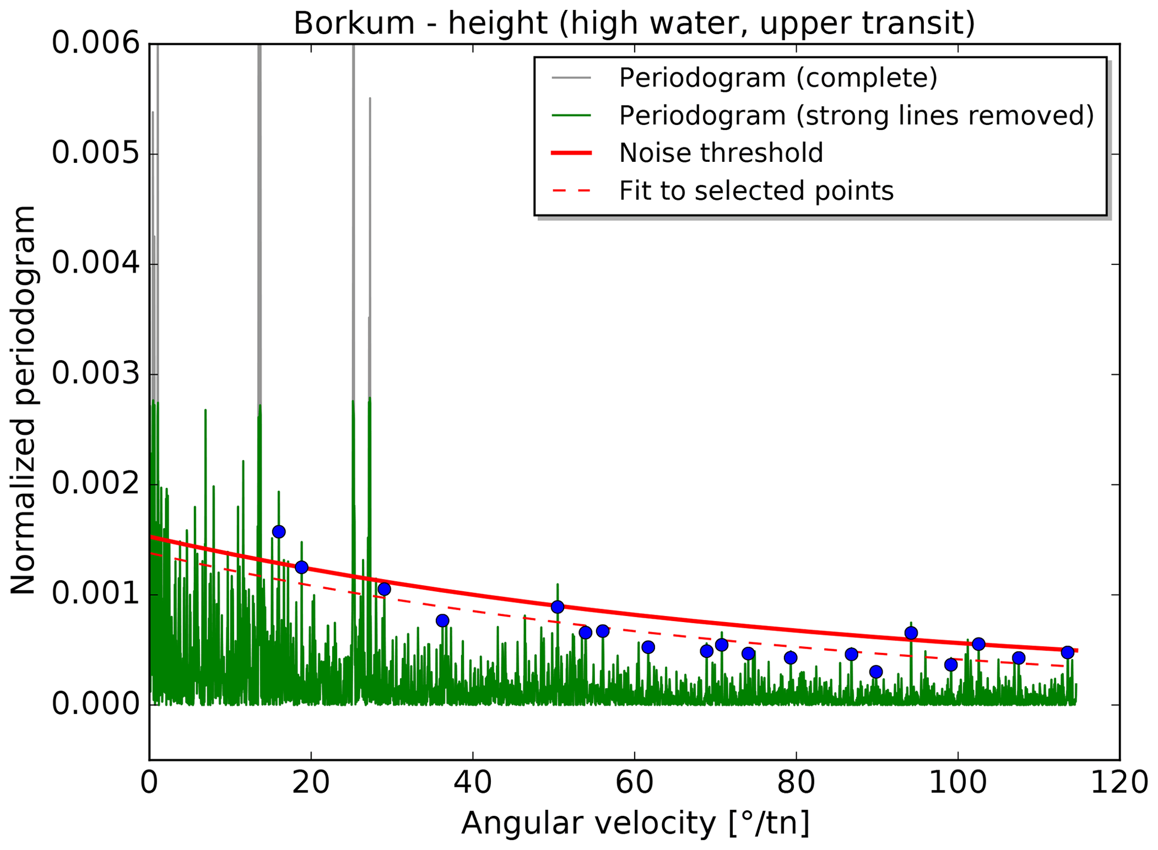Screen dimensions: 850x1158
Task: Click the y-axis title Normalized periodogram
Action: (24, 400)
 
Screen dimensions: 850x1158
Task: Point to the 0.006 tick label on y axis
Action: (95, 43)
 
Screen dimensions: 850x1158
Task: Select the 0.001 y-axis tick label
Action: (95, 594)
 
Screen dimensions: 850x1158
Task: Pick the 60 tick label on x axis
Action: (634, 782)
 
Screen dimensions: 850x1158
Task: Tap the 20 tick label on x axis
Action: (310, 782)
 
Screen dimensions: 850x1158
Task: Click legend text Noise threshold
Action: (720, 153)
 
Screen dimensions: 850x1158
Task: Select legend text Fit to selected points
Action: (756, 191)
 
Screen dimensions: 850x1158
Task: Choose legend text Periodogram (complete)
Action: (778, 78)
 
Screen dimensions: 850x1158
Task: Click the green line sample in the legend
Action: (571, 115)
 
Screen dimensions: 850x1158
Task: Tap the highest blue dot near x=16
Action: (278, 531)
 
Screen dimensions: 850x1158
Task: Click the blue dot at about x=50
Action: (557, 607)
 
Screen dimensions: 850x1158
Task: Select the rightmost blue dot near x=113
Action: (1067, 652)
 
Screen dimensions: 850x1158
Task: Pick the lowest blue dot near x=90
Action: (876, 672)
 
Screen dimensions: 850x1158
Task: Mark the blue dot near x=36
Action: (442, 620)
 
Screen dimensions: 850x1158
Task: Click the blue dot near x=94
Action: (911, 633)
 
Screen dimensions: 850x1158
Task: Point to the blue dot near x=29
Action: (384, 589)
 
